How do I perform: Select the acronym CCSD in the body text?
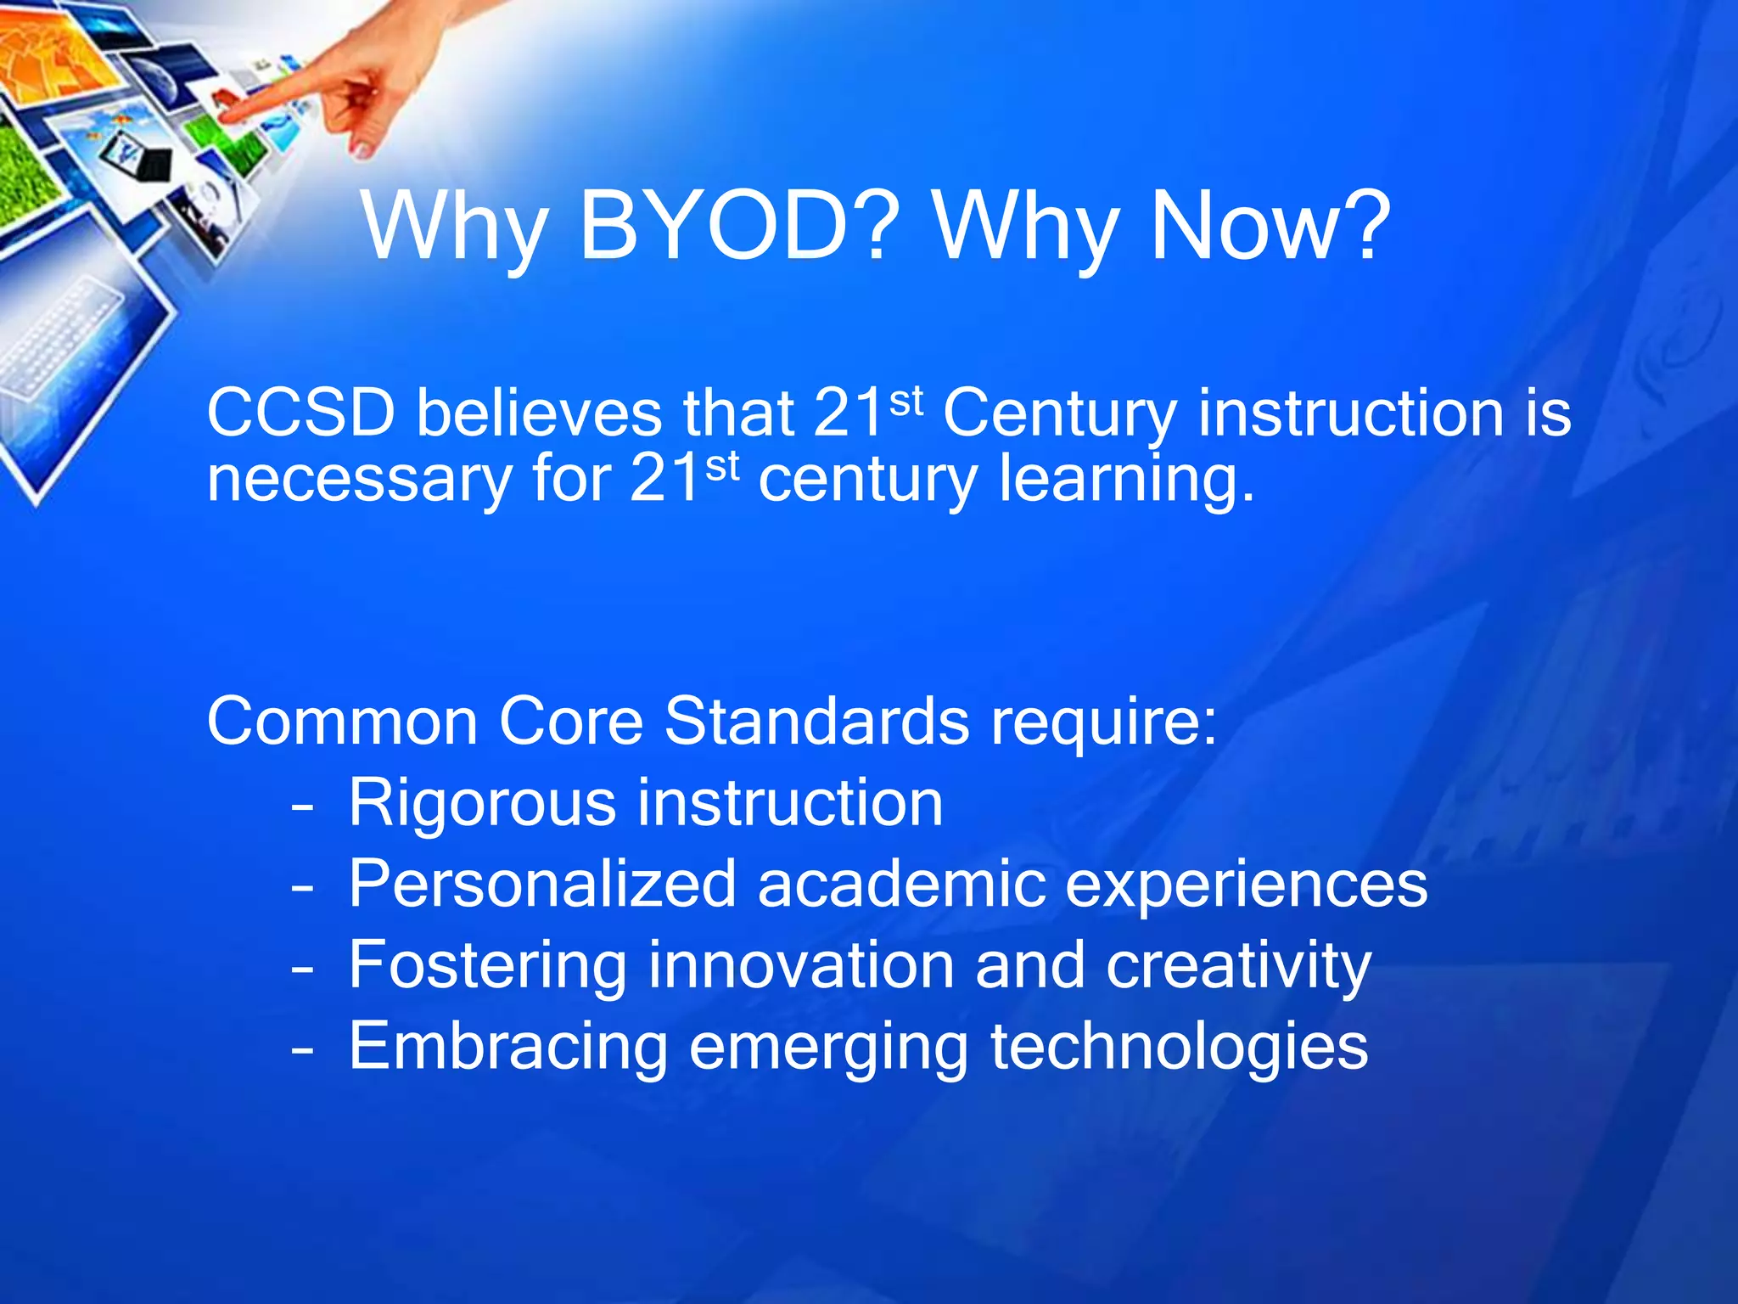[300, 413]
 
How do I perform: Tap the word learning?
[1124, 481]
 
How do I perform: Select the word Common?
[342, 722]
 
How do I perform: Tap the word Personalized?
[541, 885]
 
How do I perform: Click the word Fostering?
[487, 966]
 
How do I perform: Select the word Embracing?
[507, 1048]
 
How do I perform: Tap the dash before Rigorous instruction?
[302, 807]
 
